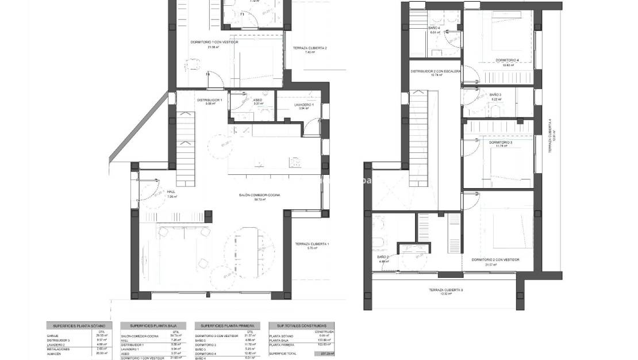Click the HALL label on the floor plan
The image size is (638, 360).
tap(171, 192)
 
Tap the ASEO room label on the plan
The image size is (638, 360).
tap(258, 100)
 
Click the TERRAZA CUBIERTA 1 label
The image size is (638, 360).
tap(312, 244)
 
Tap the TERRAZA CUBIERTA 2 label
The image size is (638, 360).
tap(309, 48)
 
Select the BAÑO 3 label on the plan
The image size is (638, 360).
tap(495, 94)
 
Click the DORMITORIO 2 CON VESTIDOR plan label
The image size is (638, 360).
tap(495, 259)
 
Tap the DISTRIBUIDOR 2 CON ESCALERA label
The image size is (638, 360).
tap(435, 71)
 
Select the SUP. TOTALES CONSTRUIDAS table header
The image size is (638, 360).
tap(302, 325)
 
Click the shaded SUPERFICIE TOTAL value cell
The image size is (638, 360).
tap(328, 354)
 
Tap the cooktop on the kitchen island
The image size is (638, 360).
tap(295, 162)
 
